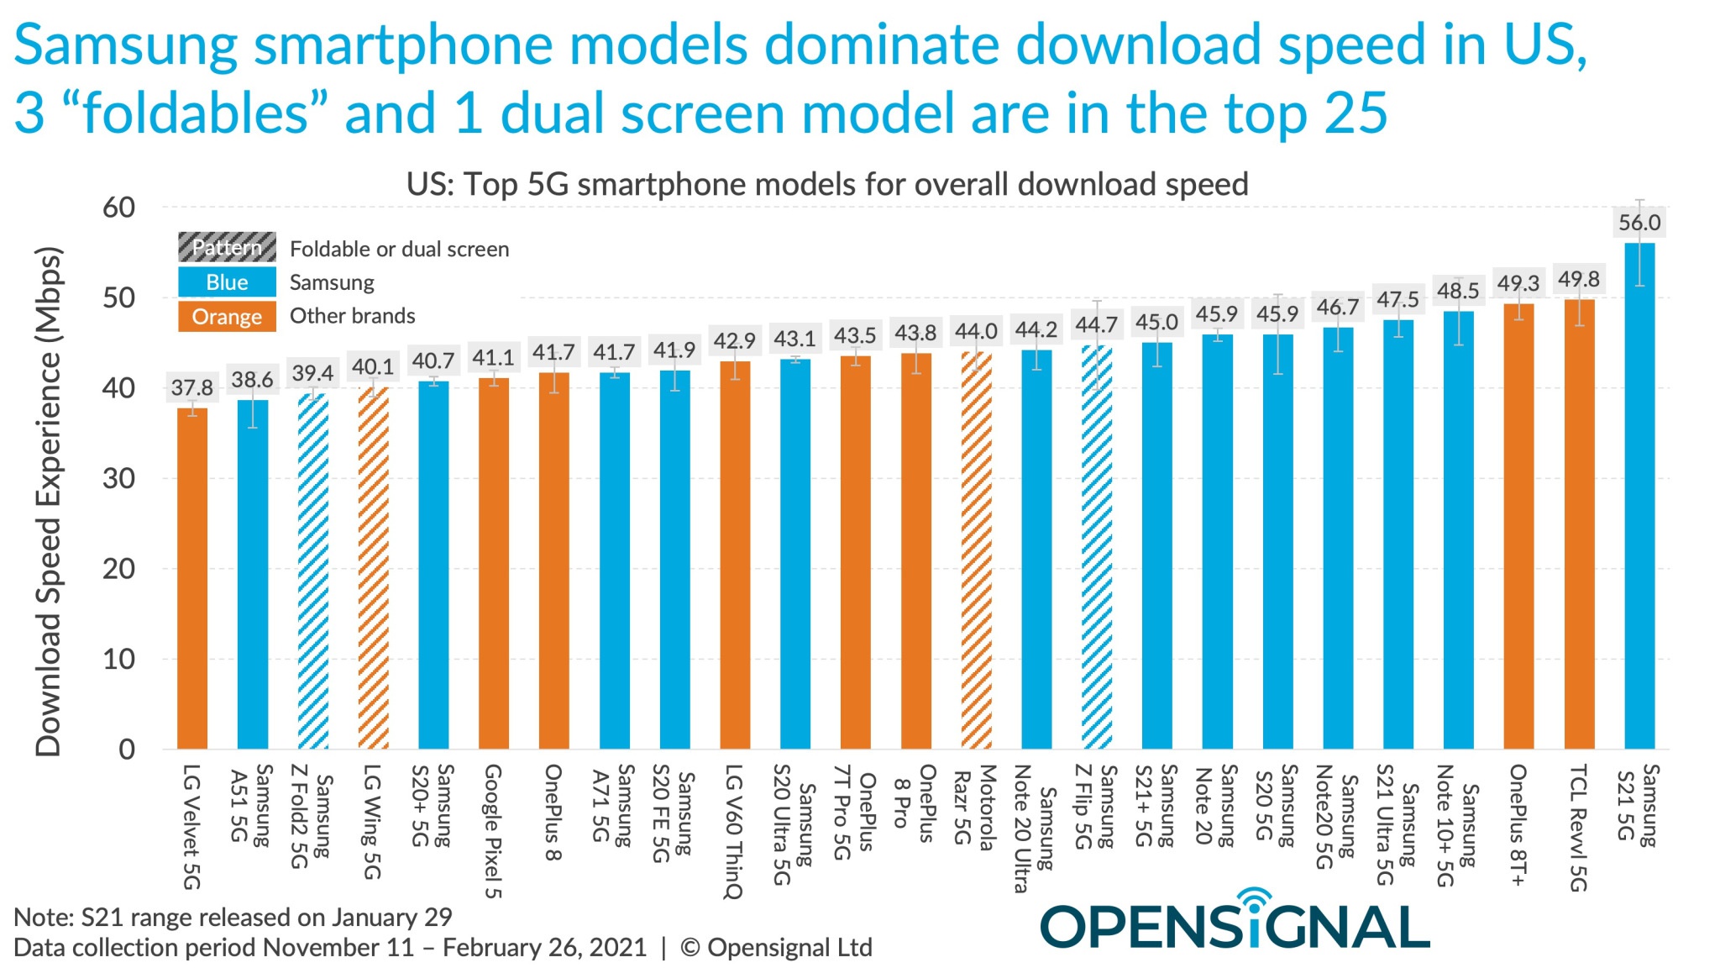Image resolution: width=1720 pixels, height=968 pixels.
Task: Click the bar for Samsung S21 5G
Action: [1639, 496]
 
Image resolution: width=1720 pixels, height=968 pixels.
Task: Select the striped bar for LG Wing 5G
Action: [373, 568]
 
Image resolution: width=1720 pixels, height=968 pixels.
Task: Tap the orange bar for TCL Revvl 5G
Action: [1579, 524]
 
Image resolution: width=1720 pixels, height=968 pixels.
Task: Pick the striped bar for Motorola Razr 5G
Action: [976, 551]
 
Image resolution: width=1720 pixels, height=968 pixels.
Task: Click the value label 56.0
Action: [1639, 223]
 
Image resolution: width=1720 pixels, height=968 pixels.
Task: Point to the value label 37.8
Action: [192, 387]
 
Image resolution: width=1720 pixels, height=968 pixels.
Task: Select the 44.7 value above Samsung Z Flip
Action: [1096, 324]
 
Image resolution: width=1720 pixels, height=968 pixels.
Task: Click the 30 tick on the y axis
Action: [118, 478]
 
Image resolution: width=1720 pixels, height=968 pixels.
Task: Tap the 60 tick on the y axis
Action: [118, 208]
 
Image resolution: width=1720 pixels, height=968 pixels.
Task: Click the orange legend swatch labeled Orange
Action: [227, 317]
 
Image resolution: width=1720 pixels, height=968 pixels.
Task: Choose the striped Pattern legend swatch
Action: [227, 248]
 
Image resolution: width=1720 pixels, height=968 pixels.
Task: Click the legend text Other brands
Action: [352, 316]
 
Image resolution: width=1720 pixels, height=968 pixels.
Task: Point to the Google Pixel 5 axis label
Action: [493, 830]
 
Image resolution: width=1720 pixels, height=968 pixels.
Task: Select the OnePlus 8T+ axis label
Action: [1518, 824]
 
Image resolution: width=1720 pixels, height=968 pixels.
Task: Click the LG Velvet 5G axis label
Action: [191, 826]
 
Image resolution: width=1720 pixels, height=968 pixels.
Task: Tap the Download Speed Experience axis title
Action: [48, 502]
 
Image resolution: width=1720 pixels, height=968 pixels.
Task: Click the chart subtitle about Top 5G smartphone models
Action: [826, 184]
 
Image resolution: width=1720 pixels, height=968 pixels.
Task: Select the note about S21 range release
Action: [233, 917]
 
